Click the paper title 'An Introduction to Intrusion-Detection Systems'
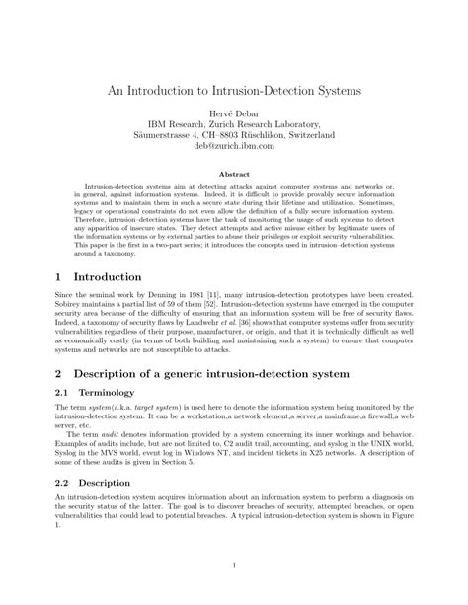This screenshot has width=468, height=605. (234, 89)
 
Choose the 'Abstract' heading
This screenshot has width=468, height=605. (234, 173)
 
